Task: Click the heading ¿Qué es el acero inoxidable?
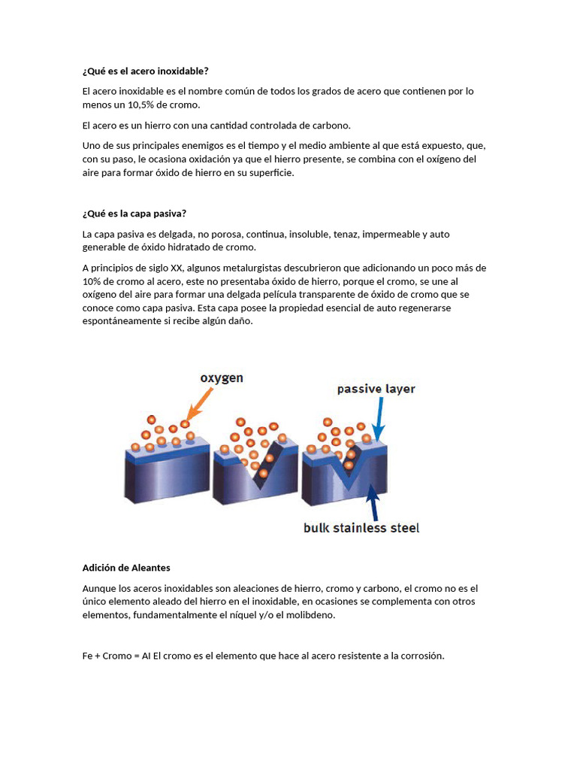click(145, 71)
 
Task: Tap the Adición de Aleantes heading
click(126, 568)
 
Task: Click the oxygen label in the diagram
click(222, 378)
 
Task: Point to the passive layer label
click(376, 389)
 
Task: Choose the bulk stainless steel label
click(361, 528)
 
